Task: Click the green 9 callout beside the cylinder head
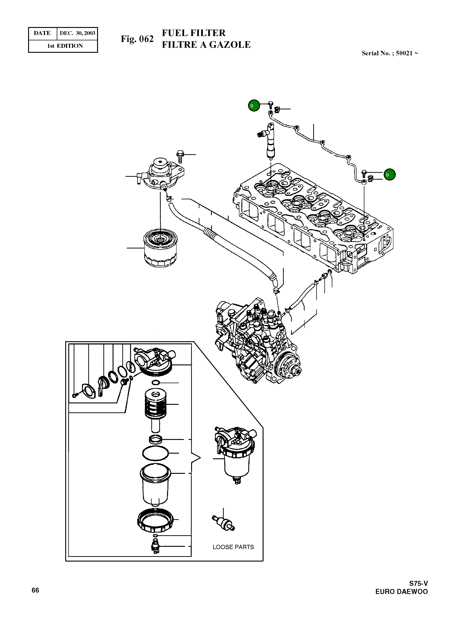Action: click(389, 175)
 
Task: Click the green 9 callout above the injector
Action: click(254, 105)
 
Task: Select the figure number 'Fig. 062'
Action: click(137, 39)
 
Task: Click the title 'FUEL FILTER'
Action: click(194, 33)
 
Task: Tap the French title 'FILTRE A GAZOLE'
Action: click(206, 45)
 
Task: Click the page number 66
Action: click(35, 590)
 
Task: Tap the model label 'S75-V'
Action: click(418, 583)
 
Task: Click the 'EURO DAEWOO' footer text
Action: click(401, 591)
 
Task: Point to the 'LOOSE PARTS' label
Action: click(233, 547)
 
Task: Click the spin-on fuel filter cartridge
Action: click(160, 248)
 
